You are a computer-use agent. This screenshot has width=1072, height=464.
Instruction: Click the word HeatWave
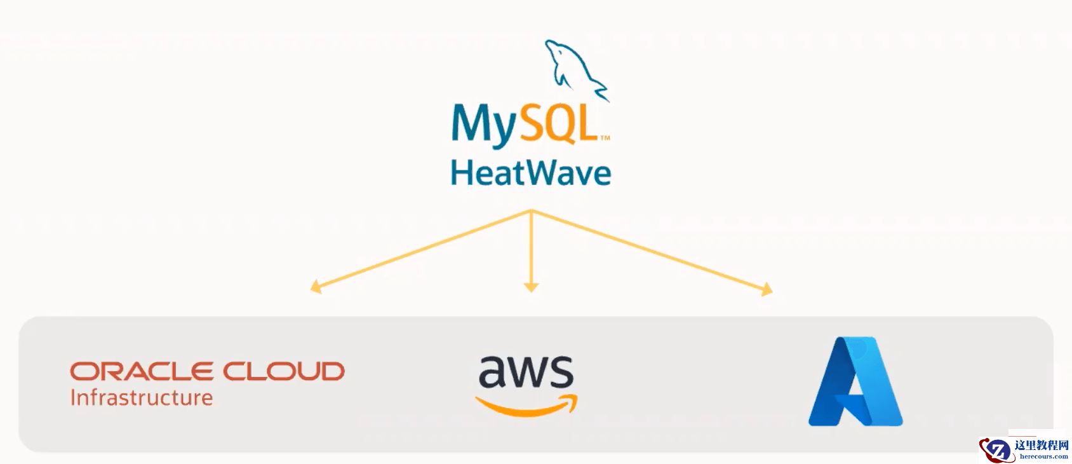[x=530, y=173]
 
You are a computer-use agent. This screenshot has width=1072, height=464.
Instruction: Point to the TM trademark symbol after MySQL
[x=605, y=137]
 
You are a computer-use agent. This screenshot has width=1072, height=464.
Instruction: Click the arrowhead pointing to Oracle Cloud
[x=316, y=287]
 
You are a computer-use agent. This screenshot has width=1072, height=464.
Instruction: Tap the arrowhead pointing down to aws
[x=532, y=287]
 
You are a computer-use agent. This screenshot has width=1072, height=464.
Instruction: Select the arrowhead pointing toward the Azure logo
[x=767, y=290]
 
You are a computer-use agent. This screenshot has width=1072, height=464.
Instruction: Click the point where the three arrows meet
[x=532, y=211]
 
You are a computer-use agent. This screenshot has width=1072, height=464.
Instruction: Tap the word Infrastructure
[x=141, y=398]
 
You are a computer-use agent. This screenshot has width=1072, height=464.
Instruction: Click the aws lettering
[x=526, y=372]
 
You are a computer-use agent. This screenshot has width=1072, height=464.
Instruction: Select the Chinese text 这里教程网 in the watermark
[x=1042, y=446]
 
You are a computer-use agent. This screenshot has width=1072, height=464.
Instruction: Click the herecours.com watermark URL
[x=1043, y=456]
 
